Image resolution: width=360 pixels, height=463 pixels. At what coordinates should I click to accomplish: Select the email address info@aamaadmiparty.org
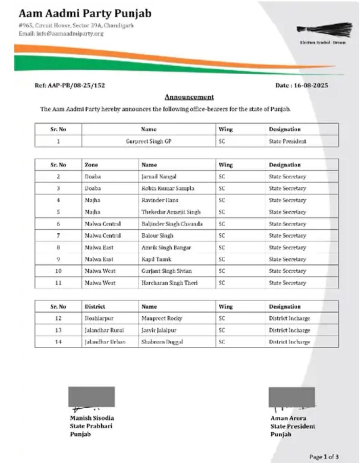58,34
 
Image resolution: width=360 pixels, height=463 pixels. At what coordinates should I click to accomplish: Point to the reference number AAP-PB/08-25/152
70,85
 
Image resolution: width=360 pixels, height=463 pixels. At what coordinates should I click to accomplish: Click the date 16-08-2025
302,85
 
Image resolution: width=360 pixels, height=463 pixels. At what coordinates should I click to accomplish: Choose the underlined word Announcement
189,97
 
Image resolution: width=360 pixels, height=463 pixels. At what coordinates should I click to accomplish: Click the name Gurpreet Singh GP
149,141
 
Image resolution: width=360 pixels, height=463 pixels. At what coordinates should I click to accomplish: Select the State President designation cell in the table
288,141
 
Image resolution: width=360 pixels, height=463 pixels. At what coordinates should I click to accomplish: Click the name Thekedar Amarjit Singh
171,212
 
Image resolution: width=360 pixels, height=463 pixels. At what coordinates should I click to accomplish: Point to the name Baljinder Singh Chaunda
172,224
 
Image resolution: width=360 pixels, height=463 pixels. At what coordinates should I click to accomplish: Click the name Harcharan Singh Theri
170,283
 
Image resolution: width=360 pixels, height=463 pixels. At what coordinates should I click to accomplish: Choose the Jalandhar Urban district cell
104,342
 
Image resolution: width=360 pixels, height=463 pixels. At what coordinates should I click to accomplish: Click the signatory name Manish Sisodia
92,418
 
